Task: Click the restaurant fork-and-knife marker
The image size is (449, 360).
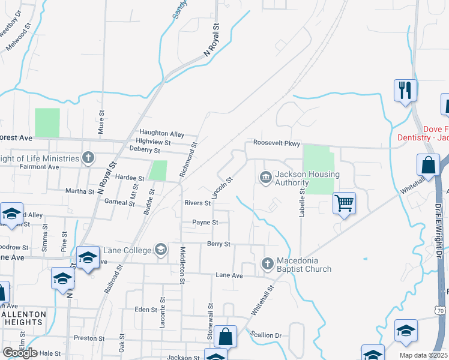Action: point(405,90)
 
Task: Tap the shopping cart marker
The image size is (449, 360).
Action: point(344,203)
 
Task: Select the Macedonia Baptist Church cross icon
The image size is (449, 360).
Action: point(268,263)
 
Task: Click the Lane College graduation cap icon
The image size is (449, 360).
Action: point(160,249)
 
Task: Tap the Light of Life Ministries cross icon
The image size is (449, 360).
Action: point(88,158)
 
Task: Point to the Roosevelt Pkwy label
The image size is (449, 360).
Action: point(276,143)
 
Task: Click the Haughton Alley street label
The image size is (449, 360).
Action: point(161,133)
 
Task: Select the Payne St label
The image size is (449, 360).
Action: point(205,222)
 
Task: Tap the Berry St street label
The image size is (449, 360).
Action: point(218,244)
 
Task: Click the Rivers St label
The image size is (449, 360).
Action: point(197,203)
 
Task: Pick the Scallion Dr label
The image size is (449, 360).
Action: point(266,335)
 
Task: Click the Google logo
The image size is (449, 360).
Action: point(20,353)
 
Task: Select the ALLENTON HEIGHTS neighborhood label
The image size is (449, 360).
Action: point(23,317)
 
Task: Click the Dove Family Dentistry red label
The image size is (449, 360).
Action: point(423,133)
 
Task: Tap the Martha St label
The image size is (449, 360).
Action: point(80,191)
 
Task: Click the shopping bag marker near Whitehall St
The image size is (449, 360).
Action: point(428,165)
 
